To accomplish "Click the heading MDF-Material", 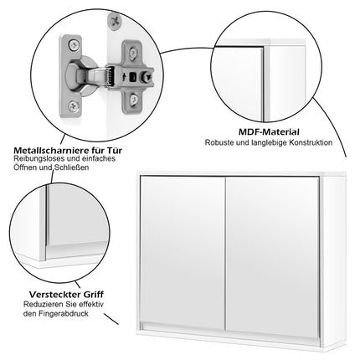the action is tap(269, 131).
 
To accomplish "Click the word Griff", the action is tap(93, 295).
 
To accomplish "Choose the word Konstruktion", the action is tap(311, 142).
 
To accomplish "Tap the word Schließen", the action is tap(72, 167).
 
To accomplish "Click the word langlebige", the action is tap(269, 142).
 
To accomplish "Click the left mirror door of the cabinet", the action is tap(183, 253).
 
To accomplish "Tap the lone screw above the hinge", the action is tap(114, 20).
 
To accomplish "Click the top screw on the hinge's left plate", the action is tap(74, 45).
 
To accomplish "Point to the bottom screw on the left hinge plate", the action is tap(73, 105).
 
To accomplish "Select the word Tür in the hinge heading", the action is tap(114, 151).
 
